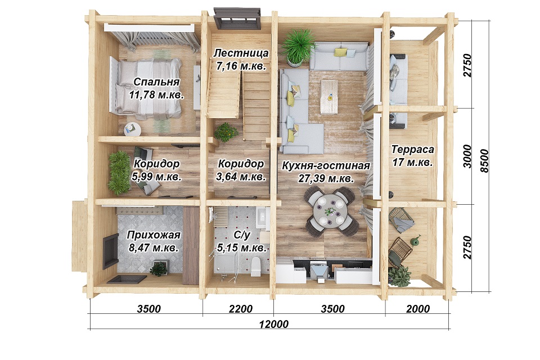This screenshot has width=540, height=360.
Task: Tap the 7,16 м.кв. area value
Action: pos(241,66)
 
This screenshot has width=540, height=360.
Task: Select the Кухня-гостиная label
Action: pos(326,166)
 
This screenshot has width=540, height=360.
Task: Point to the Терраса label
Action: pos(412,150)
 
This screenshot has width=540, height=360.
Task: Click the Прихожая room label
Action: pos(154,235)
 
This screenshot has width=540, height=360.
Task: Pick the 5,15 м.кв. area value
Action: pos(241,247)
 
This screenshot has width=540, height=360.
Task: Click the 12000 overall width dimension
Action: pos(273,324)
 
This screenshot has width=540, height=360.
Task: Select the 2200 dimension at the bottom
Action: pos(241,309)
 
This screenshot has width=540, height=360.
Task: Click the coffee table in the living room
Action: pos(329,97)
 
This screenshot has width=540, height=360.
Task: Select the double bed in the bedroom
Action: pos(146,86)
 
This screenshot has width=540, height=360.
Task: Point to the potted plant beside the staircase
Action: pos(226,132)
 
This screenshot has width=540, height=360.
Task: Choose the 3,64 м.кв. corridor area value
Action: pos(241,177)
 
